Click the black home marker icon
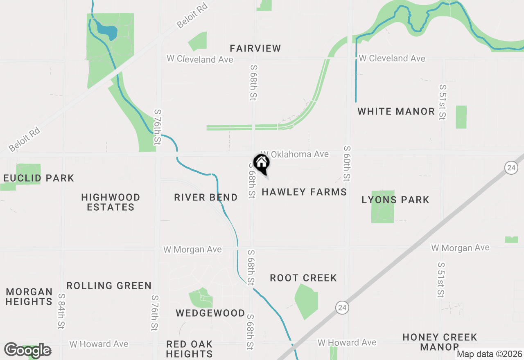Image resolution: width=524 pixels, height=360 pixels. [262, 163]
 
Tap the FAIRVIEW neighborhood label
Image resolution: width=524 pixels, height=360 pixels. [255, 48]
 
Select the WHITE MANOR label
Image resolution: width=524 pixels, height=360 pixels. [396, 111]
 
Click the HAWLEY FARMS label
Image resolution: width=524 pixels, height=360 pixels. [304, 192]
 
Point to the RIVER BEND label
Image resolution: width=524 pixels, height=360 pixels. [206, 197]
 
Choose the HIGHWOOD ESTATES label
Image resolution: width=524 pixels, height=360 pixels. [111, 202]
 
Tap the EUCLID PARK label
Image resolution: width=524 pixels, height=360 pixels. [39, 178]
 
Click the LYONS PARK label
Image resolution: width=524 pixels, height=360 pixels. [395, 200]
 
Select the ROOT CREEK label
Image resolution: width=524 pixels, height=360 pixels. [303, 278]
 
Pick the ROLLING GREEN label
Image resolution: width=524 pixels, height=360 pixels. [109, 286]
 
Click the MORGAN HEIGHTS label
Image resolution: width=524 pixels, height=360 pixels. [29, 297]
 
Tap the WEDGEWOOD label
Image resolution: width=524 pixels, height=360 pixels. [210, 313]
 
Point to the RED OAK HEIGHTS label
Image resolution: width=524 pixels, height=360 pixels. [189, 349]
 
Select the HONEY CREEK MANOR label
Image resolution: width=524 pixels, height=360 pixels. [440, 342]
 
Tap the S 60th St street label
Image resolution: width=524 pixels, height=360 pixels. [347, 164]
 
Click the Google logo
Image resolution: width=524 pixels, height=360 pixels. [27, 350]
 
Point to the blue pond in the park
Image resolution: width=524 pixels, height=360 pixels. [107, 31]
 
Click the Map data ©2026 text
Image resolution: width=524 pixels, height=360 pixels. [489, 354]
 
